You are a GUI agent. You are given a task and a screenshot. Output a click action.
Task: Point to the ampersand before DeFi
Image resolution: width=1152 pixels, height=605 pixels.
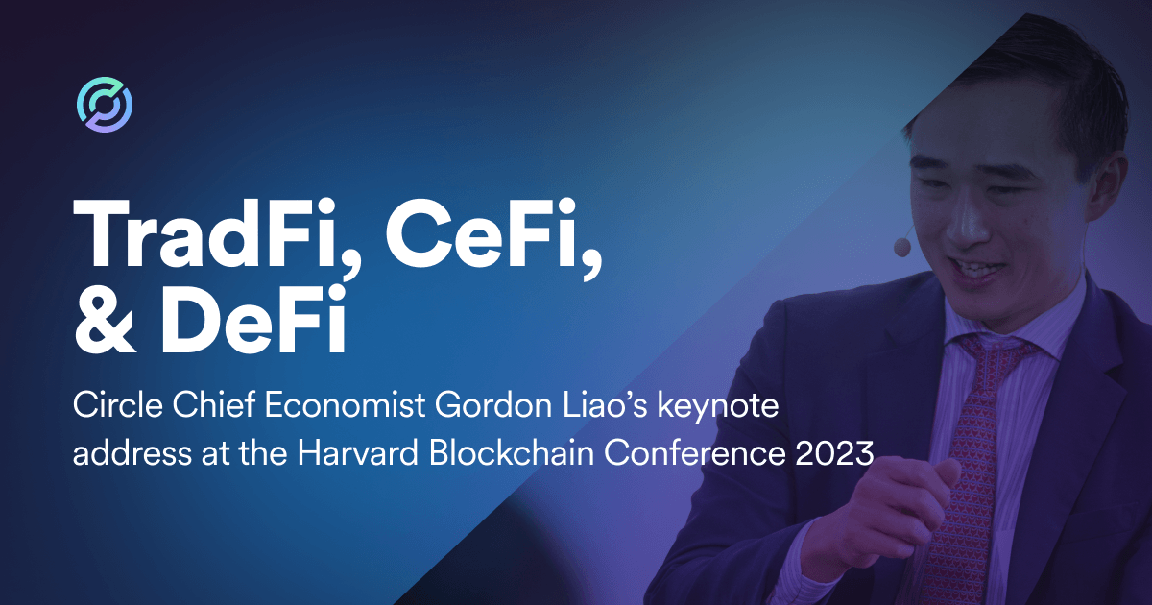[106, 320]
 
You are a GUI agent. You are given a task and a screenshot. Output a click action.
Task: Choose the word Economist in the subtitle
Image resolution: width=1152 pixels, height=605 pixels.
[345, 405]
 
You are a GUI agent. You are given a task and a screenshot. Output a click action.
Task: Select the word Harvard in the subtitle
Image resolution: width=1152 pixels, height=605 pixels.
[358, 453]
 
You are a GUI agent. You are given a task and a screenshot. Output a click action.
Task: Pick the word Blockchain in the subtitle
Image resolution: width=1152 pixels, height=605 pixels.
[512, 453]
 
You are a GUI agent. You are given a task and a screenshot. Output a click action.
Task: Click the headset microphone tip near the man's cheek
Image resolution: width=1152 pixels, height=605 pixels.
[902, 247]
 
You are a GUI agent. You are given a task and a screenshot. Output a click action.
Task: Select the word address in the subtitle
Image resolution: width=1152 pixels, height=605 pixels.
[132, 454]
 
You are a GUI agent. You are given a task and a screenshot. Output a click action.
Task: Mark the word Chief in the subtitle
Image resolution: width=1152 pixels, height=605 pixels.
[214, 405]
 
